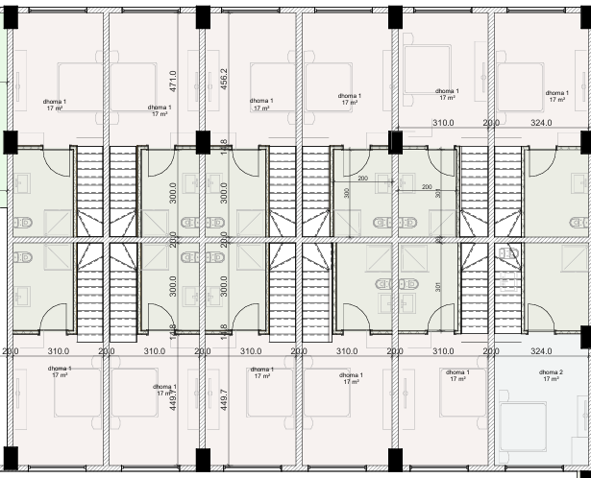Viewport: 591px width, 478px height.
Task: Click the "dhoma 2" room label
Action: tap(551, 371)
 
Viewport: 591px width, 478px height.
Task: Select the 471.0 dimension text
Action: tap(173, 80)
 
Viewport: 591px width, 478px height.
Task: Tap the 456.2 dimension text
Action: tap(223, 80)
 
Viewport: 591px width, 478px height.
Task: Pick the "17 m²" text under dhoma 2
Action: tap(551, 379)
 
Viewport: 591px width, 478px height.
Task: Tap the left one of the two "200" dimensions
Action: tap(363, 179)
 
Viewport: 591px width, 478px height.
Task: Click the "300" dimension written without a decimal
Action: tap(347, 193)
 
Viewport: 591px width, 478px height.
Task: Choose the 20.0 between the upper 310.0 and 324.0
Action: tap(490, 124)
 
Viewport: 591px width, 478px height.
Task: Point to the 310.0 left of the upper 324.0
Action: tap(443, 124)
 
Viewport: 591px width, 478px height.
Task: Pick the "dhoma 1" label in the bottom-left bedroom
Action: tap(61, 368)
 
